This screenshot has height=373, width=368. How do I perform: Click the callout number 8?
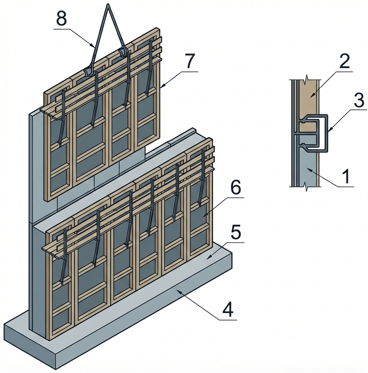click(61, 19)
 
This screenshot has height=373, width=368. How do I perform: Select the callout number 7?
click(189, 62)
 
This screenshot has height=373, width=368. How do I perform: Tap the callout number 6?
click(235, 188)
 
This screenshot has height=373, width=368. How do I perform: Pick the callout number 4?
click(228, 310)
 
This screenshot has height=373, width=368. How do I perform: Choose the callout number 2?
click(344, 62)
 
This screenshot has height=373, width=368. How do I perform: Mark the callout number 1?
click(346, 177)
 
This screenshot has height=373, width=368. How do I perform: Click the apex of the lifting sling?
click(107, 5)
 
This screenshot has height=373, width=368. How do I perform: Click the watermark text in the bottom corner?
click(325, 369)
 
